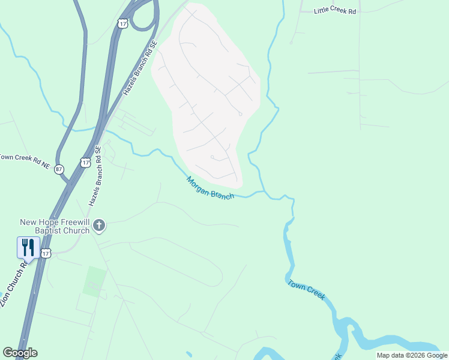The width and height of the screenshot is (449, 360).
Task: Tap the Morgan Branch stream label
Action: [x=209, y=188]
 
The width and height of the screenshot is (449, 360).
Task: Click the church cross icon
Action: [x=100, y=226]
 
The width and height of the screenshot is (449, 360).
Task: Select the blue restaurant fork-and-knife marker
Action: [x=28, y=248]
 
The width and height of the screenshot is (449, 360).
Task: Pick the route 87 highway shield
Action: [x=59, y=170]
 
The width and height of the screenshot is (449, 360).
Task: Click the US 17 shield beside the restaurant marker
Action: [x=46, y=254]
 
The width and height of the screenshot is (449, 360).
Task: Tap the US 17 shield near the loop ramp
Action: [x=122, y=23]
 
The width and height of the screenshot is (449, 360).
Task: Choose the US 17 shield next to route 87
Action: [x=85, y=163]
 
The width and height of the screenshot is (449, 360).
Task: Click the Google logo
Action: [x=20, y=352]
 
